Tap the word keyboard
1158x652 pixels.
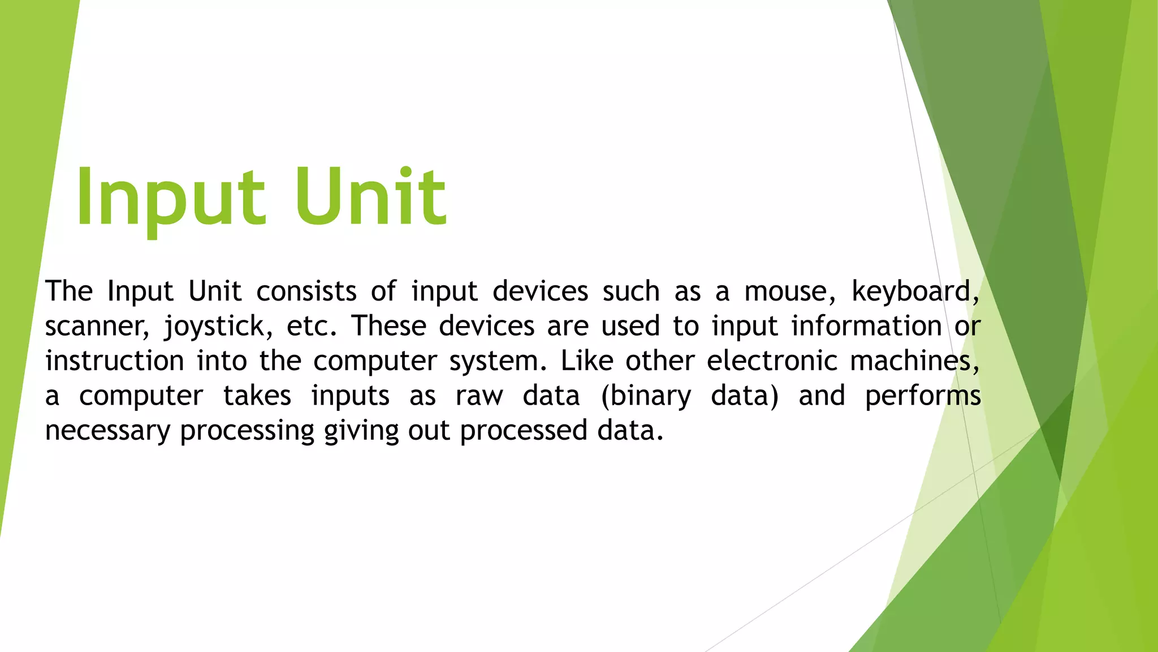(x=914, y=291)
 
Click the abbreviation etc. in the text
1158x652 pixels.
(x=311, y=327)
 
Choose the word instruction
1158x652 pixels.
(x=115, y=361)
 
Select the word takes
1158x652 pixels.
(x=257, y=396)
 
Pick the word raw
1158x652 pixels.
(x=479, y=396)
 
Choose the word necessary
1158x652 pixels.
(x=107, y=431)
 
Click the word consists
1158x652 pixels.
(x=306, y=291)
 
